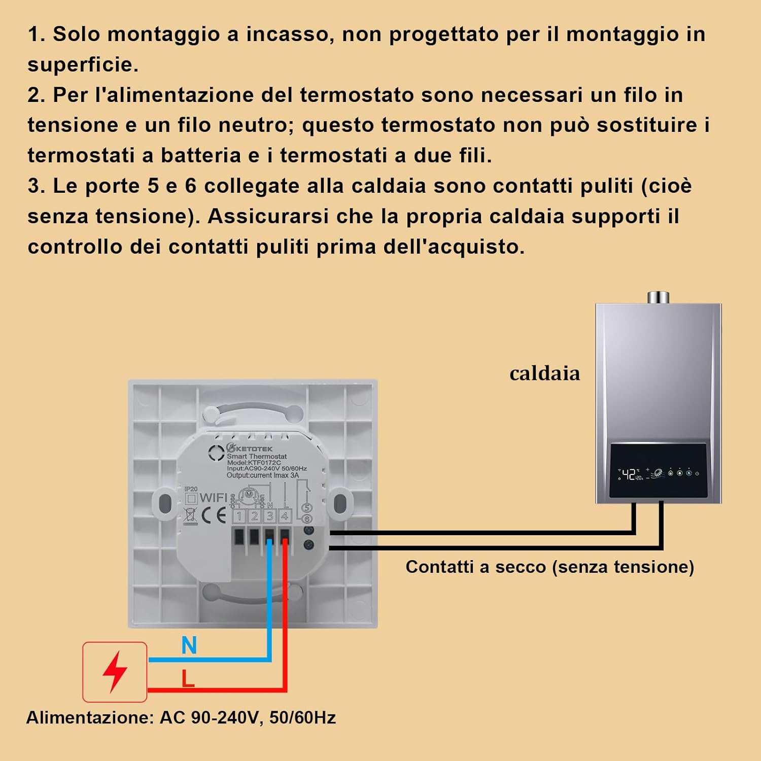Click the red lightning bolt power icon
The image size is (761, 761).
pos(115,672)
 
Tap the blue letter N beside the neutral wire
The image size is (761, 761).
pos(189,646)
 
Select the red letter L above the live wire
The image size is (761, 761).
pos(188,678)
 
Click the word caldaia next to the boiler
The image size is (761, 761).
pos(544,373)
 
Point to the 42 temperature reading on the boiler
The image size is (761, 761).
pos(629,474)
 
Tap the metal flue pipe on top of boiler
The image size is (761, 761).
pos(658,297)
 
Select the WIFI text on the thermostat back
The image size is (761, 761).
pos(214,498)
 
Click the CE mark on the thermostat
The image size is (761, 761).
pos(214,515)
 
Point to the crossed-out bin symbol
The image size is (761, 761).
pos(190,515)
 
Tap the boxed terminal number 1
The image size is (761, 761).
pos(239,516)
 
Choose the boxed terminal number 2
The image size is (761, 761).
pos(254,516)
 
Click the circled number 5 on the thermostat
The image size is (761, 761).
pos(306,508)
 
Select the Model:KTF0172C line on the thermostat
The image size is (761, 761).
pos(254,463)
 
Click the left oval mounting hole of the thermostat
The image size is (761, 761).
pos(165,503)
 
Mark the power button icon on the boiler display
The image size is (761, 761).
pos(697,473)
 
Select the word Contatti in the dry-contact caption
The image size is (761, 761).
pos(439,567)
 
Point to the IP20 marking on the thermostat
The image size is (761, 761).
pos(191,489)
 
